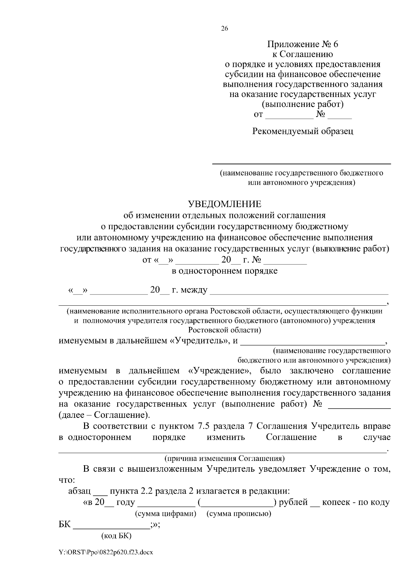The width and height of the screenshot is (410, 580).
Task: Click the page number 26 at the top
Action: click(x=224, y=29)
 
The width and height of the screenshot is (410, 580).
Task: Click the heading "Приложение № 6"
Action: click(x=302, y=44)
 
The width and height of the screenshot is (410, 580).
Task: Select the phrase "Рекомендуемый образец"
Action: click(x=302, y=131)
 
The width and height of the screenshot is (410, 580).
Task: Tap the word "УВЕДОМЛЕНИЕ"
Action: click(x=224, y=204)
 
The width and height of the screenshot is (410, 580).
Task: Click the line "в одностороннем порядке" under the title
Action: click(x=224, y=271)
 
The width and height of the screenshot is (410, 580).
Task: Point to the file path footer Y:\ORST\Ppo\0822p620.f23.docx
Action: click(x=106, y=552)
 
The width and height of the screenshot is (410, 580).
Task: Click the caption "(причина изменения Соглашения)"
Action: click(x=224, y=458)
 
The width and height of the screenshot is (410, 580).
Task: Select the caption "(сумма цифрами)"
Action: click(x=166, y=514)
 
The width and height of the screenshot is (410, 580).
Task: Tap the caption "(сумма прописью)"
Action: click(x=239, y=514)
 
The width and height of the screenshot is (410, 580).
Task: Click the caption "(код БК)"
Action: click(x=117, y=536)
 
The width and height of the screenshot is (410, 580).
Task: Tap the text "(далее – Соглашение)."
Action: click(x=104, y=415)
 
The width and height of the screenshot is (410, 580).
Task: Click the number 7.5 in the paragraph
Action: click(x=204, y=426)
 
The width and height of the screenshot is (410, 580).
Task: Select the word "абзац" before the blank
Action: click(x=79, y=492)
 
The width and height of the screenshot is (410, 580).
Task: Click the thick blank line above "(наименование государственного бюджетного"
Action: click(x=302, y=164)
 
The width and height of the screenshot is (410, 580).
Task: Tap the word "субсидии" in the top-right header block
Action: click(x=243, y=74)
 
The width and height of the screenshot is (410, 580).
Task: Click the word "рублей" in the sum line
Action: click(x=293, y=502)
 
